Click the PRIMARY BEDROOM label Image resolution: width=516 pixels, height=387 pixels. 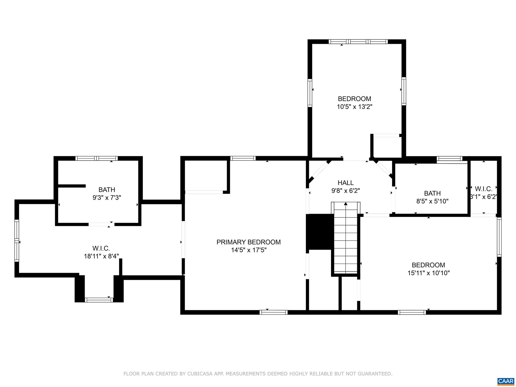coord(248,242)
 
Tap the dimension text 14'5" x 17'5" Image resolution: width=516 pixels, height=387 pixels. coord(249,250)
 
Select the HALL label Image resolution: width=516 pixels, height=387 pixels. coord(345,183)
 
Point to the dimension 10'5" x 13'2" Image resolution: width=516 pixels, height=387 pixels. coord(354,107)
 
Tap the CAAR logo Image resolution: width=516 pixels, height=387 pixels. coord(506,381)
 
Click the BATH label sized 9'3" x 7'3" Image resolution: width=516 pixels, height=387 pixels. coord(107,189)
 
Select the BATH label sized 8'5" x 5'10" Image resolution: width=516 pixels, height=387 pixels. coord(432,193)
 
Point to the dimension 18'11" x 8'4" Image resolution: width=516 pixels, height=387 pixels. coord(101,256)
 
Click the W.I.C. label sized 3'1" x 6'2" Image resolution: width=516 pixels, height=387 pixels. coord(483,189)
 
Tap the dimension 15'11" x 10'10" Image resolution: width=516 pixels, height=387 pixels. coord(429,273)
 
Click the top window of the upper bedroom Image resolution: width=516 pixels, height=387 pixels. coord(358,42)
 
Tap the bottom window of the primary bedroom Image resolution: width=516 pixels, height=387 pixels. coord(273,312)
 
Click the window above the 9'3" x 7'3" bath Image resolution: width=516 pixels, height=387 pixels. coord(96,158)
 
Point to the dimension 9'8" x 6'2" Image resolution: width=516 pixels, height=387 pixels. coord(345,191)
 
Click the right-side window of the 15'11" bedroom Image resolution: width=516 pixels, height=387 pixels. coord(499,237)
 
